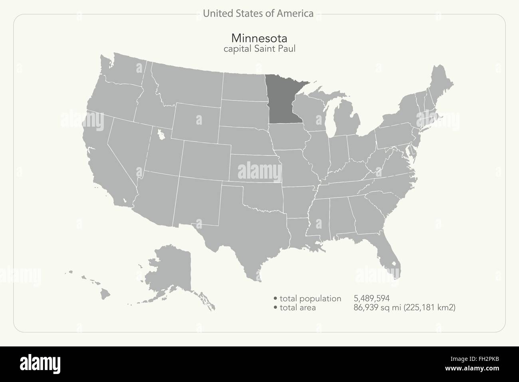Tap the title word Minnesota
259,38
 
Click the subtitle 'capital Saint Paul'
259,49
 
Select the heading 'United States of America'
258,14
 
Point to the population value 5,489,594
371,298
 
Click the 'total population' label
310,298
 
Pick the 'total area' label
297,307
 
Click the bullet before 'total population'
275,298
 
